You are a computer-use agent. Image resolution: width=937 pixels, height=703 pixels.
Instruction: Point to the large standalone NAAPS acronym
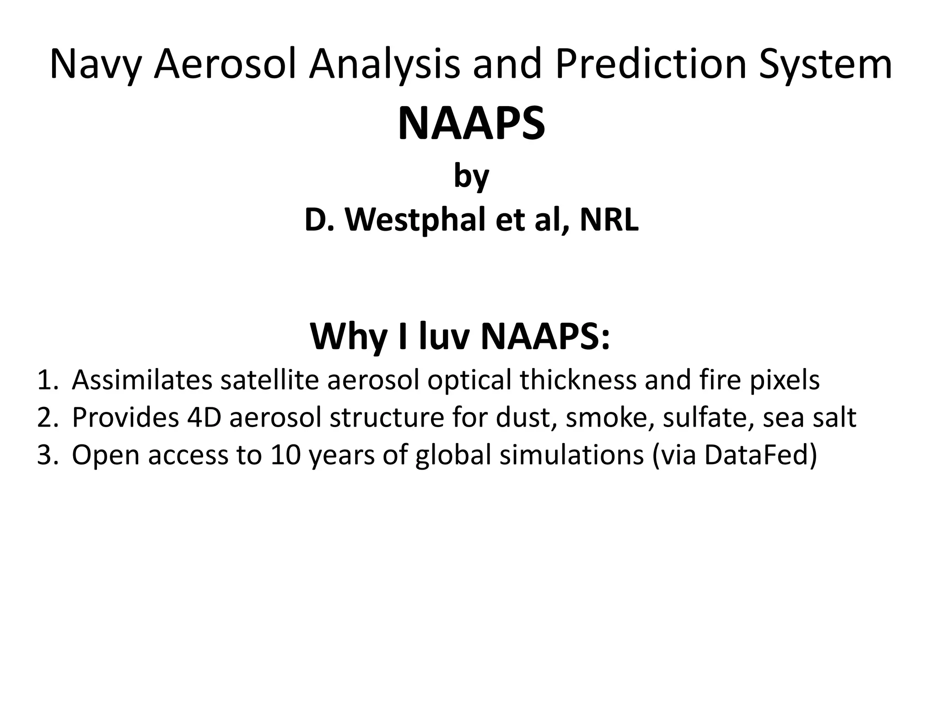tap(471, 124)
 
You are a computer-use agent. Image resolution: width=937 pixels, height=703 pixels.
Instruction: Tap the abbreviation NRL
tap(609, 220)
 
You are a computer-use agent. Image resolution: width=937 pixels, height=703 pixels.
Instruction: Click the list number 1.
tap(47, 380)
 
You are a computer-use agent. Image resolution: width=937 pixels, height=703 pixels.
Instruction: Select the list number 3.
tap(47, 455)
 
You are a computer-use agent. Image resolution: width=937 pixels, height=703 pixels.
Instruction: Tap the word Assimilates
tap(142, 380)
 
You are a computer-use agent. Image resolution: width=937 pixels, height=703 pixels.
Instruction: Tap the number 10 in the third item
tap(285, 455)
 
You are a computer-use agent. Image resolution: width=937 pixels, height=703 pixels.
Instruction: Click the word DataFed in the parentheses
tap(755, 455)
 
